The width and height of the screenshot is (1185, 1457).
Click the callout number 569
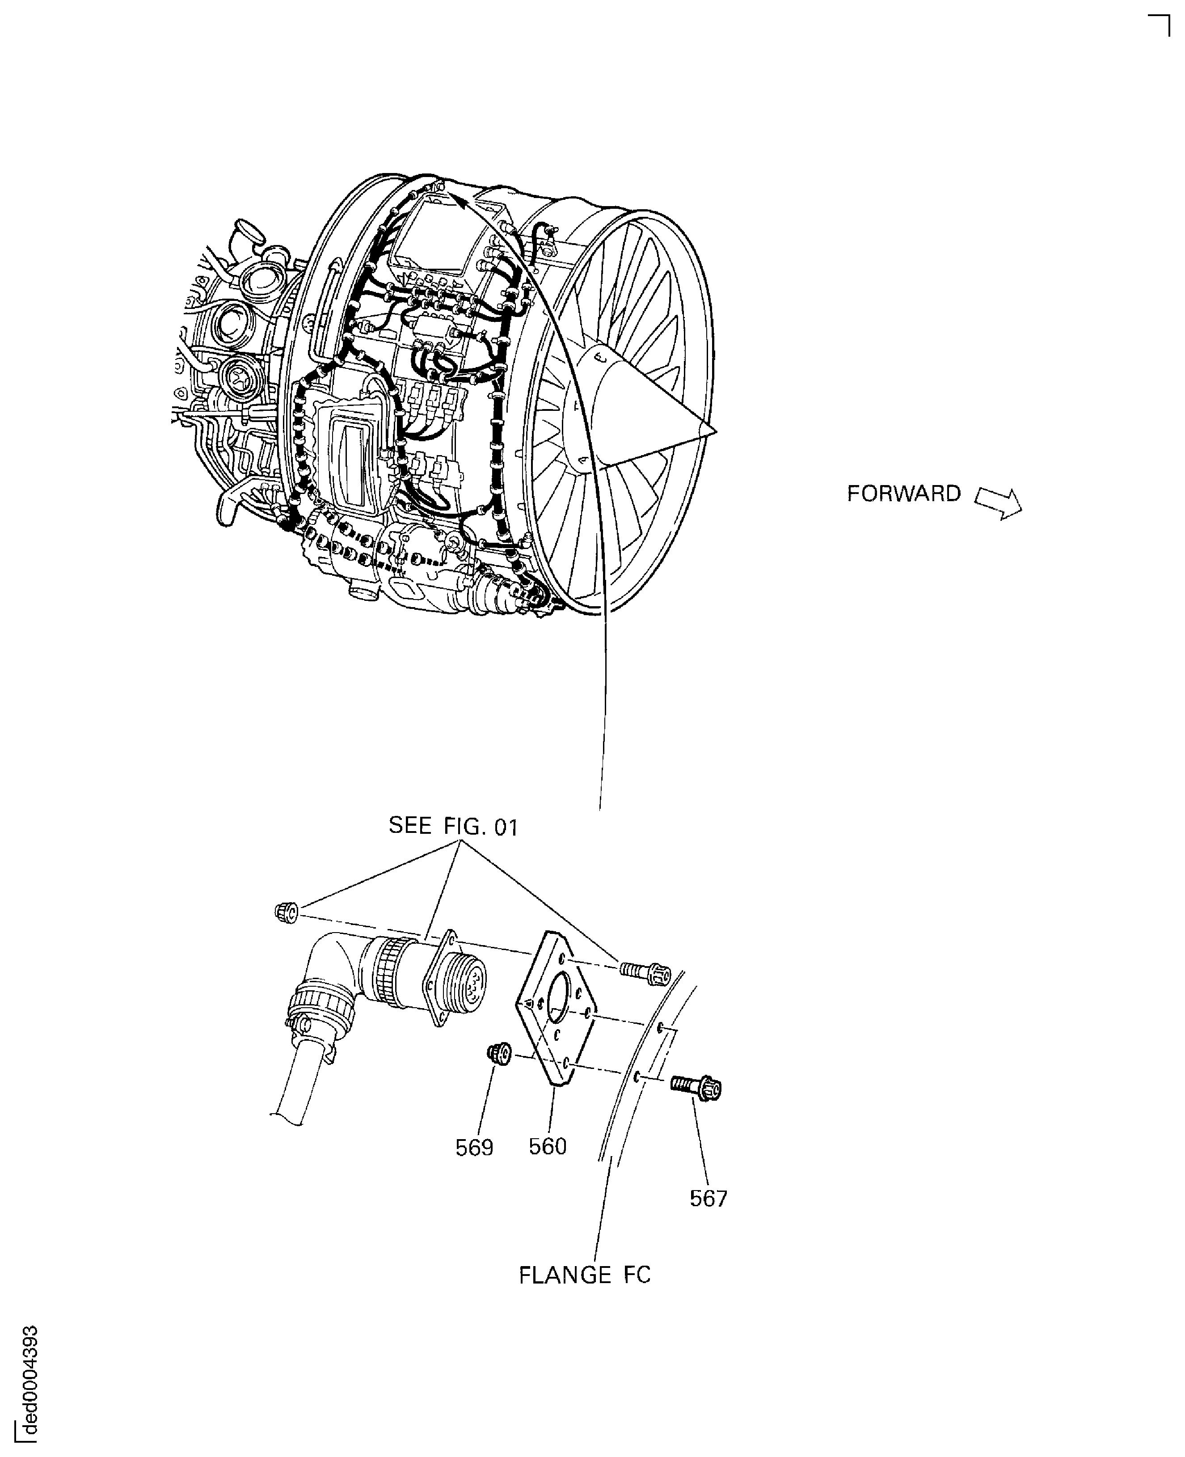click(474, 1148)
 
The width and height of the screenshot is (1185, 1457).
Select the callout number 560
click(548, 1146)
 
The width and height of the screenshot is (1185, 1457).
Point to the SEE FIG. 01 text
click(453, 827)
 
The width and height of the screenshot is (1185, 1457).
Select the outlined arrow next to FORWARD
click(999, 503)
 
